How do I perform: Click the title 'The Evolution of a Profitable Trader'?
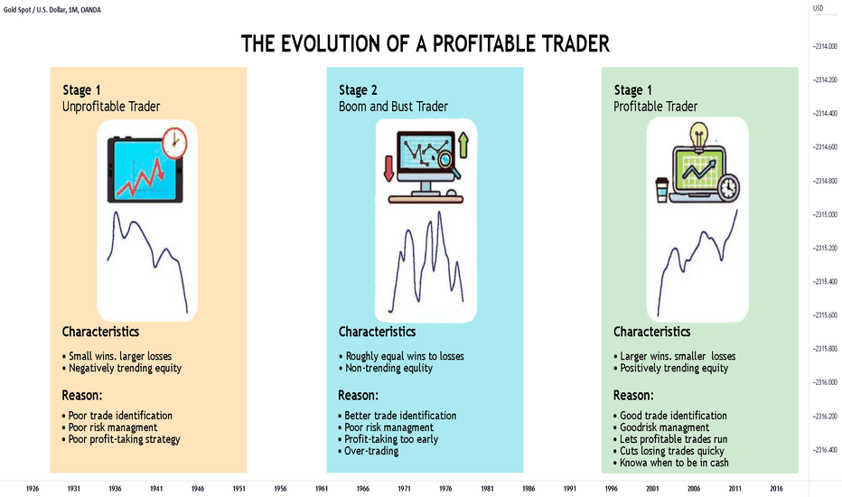[x=426, y=44]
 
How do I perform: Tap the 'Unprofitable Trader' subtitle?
[x=111, y=107]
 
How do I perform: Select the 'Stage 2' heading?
[x=358, y=89]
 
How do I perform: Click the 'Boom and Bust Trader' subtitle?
[x=393, y=107]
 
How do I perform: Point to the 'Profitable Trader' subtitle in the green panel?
[x=655, y=107]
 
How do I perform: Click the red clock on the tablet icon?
[x=174, y=143]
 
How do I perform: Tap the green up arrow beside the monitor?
[x=463, y=145]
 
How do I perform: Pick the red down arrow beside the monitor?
[x=388, y=168]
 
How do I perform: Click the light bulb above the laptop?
[x=699, y=136]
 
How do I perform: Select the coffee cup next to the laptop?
[x=662, y=190]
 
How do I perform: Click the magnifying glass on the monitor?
[x=448, y=164]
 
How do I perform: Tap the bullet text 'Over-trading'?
[x=371, y=451]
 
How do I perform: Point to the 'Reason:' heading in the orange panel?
[x=81, y=396]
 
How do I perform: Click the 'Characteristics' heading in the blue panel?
[x=377, y=332]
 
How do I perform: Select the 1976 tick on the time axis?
[x=445, y=488]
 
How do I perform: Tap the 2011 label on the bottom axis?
[x=734, y=488]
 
